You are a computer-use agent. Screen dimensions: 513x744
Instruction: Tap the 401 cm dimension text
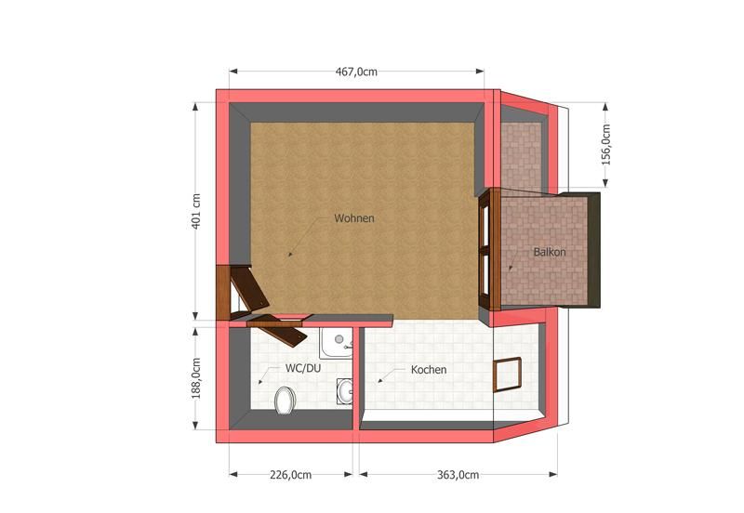pos(196,213)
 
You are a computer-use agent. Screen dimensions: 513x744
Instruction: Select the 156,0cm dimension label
pos(606,144)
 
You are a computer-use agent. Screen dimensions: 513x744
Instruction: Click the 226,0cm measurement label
pos(290,475)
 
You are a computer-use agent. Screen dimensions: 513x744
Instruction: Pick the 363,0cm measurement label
pos(458,475)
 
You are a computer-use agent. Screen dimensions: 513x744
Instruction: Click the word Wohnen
pos(353,219)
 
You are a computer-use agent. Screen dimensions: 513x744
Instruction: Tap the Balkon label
pos(550,252)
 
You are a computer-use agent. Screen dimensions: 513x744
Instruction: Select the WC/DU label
pos(303,368)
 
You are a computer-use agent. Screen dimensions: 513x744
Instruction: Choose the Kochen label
pos(429,370)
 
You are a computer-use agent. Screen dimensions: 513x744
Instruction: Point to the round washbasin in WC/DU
pos(346,391)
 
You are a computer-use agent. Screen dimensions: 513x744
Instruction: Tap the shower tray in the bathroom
pos(335,344)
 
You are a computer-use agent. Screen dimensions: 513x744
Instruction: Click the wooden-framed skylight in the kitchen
pos(509,375)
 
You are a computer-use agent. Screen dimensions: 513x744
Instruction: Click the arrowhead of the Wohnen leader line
pos(288,255)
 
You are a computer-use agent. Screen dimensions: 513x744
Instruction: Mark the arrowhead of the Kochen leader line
pos(379,381)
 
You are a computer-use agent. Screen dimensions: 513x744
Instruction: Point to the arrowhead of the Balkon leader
pos(511,269)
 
